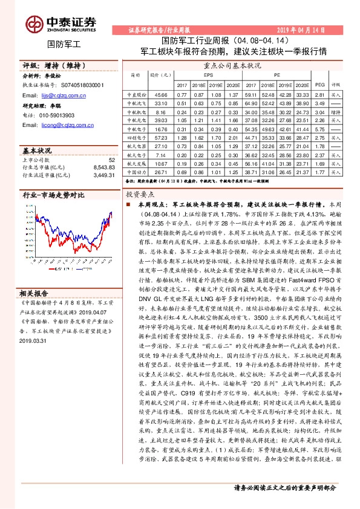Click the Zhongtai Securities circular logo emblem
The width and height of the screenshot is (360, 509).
pos(34,22)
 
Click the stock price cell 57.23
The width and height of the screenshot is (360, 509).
pos(161,138)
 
